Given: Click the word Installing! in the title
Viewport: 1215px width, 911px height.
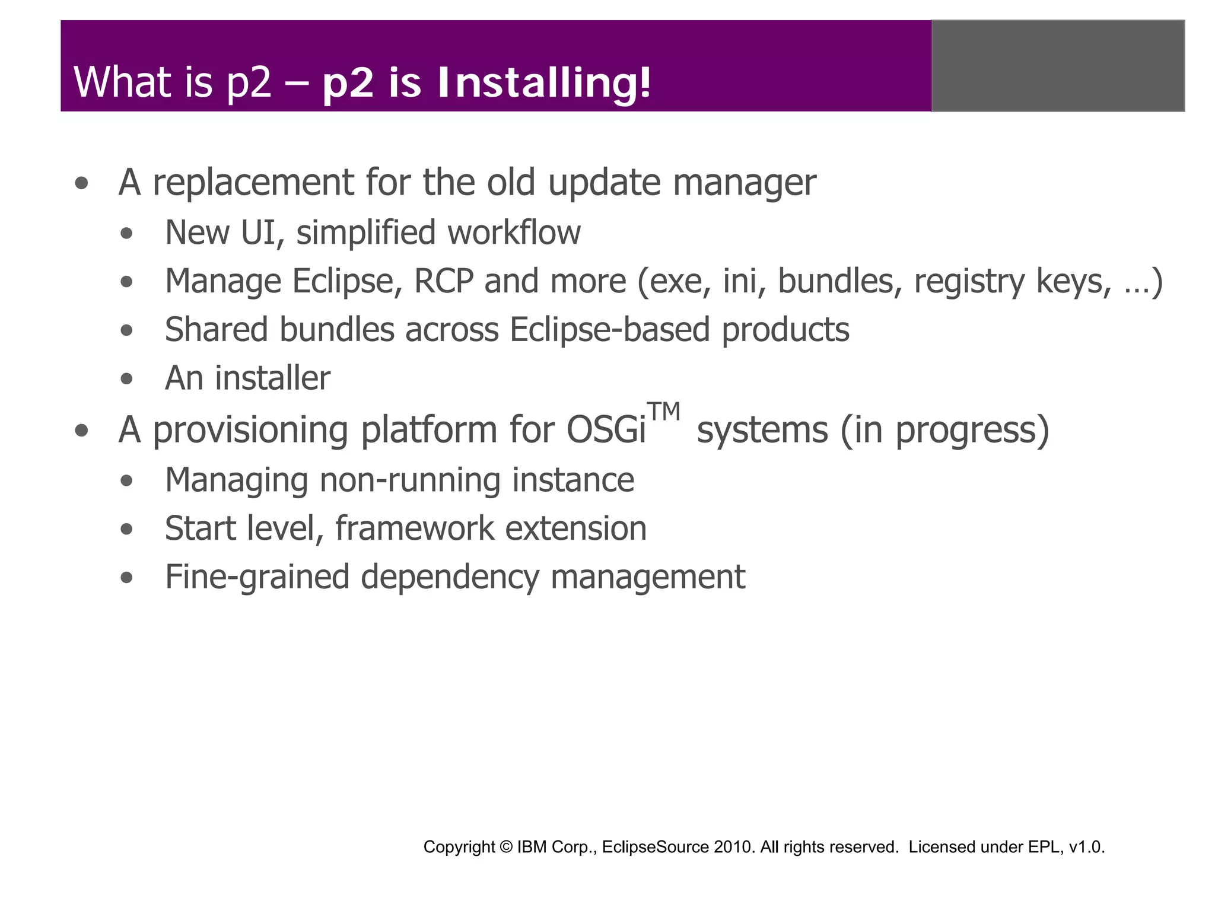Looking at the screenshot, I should tap(544, 83).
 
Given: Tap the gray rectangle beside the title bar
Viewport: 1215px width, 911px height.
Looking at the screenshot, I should tap(1058, 66).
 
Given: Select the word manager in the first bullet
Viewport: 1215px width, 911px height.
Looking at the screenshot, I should tap(744, 183).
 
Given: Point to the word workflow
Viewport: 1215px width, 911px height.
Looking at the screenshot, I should tap(514, 232).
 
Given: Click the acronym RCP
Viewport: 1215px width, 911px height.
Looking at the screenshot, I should tap(443, 281).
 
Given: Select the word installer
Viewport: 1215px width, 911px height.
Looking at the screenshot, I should tap(272, 378).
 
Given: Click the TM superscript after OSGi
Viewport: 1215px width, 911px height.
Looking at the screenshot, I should tap(663, 412).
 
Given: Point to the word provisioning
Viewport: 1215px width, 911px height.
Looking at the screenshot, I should tap(250, 430).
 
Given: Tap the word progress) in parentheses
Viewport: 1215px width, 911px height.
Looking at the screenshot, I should tap(972, 430).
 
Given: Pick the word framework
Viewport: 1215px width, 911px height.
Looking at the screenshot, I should tap(414, 528).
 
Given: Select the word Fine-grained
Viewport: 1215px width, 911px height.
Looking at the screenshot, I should tap(257, 577).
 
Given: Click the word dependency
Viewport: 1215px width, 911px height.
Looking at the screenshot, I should tap(450, 577).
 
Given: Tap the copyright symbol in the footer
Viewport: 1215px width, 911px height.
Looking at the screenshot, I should tap(505, 847).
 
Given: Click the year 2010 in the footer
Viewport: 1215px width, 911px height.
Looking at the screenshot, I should tap(734, 847).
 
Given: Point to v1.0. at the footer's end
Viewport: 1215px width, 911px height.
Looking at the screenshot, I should tap(1086, 847).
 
